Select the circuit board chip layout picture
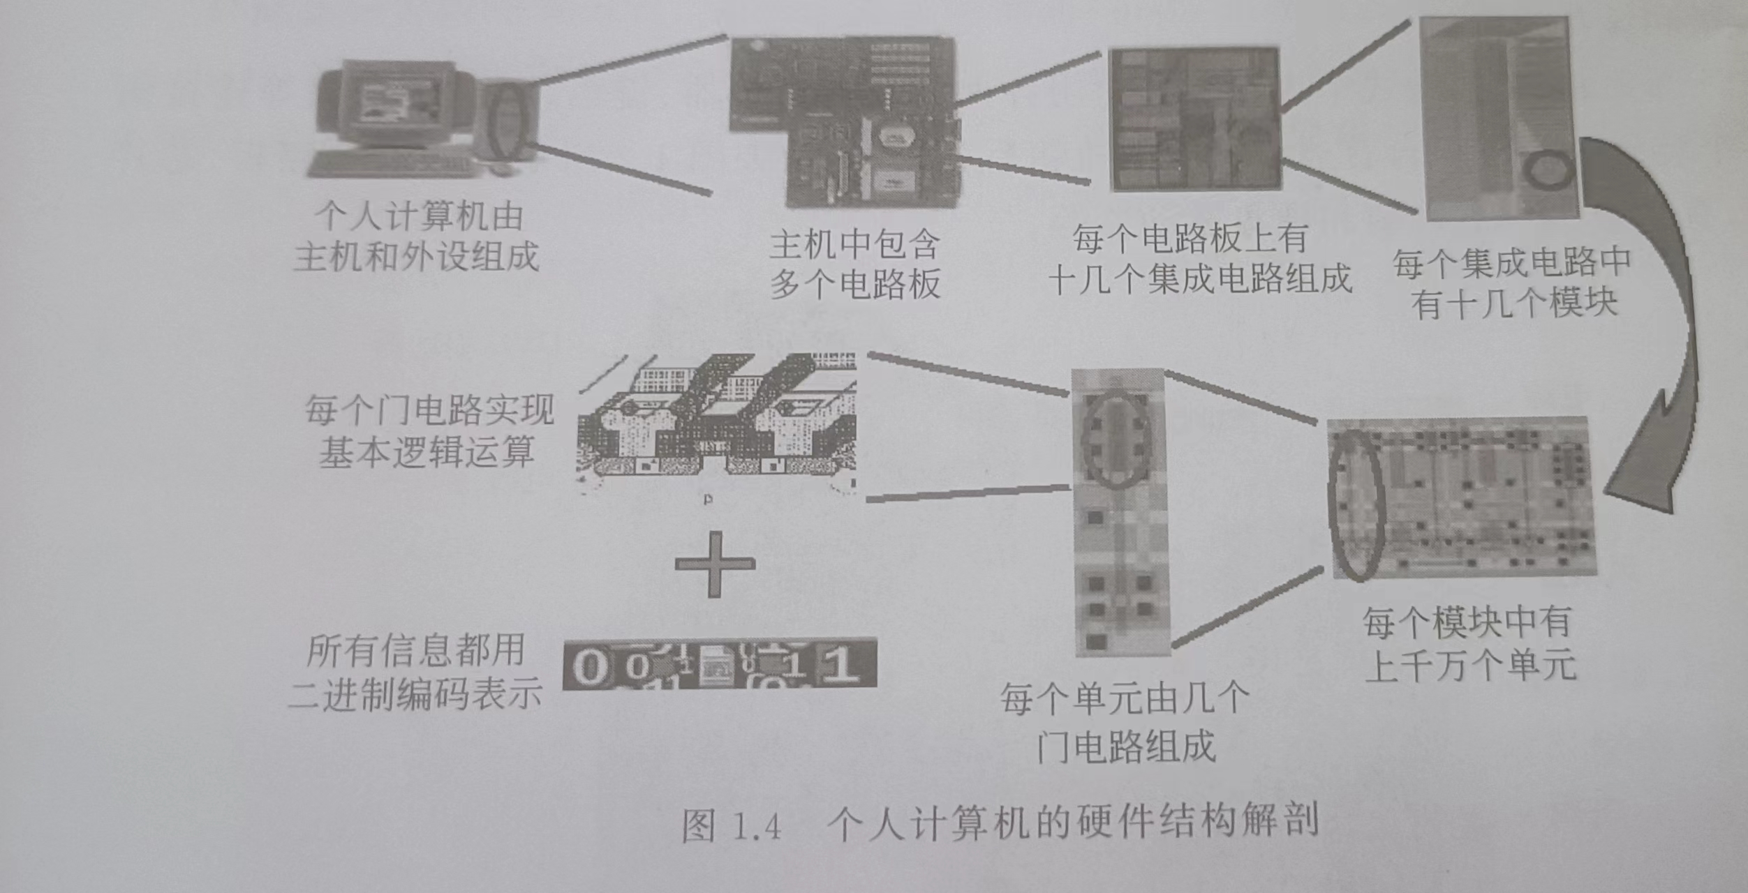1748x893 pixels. pos(1194,119)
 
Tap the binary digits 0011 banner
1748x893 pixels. pos(719,663)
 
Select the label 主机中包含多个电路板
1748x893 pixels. pos(854,265)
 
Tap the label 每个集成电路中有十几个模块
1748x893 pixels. pos(1512,283)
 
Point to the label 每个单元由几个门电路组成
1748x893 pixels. pos(1124,723)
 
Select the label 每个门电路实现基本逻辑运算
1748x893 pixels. pos(429,431)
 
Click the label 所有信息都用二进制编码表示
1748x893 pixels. pos(415,673)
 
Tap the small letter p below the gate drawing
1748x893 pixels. pos(708,500)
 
